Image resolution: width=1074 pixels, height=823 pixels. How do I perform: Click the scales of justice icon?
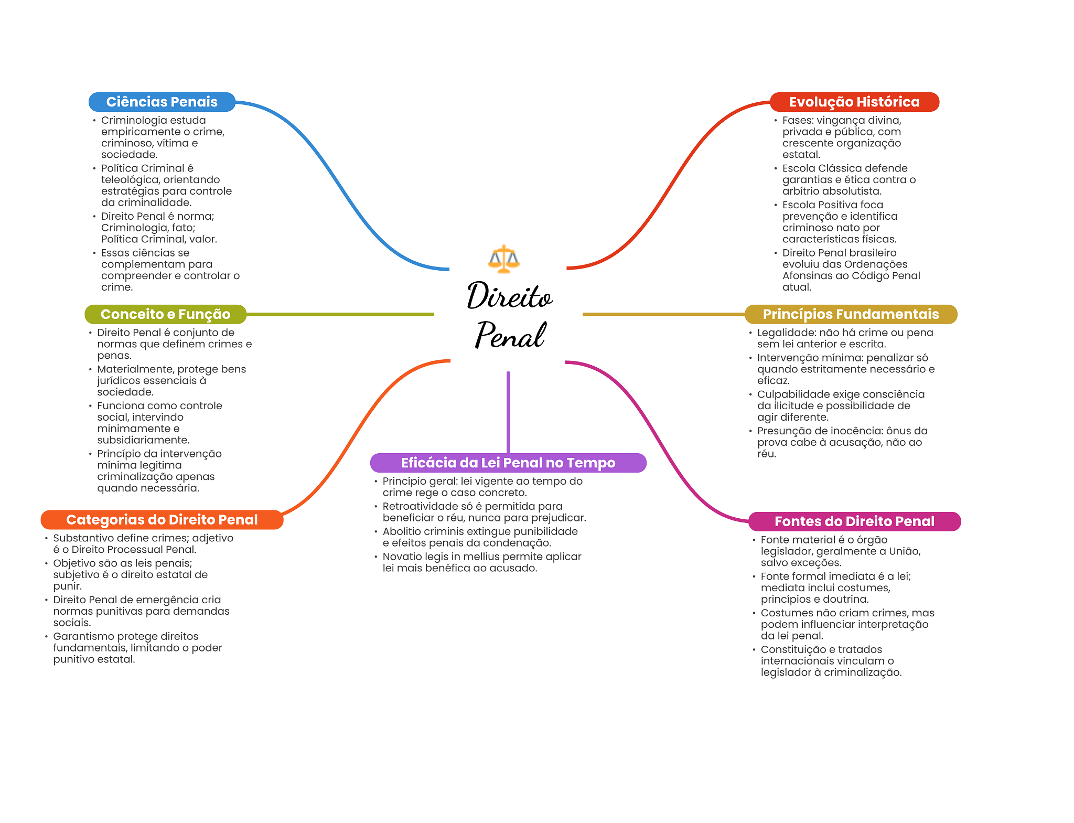[x=503, y=259]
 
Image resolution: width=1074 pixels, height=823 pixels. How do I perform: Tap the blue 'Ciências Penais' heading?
[x=162, y=102]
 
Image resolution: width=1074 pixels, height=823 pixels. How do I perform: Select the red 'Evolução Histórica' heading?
[x=854, y=102]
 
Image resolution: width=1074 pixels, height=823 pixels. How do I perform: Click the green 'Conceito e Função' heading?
[x=165, y=314]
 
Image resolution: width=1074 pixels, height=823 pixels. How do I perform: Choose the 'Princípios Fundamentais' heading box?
[x=851, y=314]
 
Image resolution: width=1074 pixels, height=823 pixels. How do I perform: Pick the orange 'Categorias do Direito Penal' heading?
[x=162, y=520]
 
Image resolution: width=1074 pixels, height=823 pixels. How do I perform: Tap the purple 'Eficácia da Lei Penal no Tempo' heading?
[x=508, y=463]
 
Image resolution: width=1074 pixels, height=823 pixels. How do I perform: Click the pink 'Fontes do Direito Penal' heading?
[x=854, y=521]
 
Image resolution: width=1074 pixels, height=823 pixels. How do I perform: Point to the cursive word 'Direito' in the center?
[x=509, y=296]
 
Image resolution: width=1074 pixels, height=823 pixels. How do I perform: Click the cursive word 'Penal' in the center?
[x=510, y=335]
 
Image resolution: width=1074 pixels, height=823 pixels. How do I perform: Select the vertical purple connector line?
[x=508, y=412]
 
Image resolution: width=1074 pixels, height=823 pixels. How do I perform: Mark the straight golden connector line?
[x=663, y=314]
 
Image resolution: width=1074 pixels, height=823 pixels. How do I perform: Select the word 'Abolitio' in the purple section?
[x=402, y=531]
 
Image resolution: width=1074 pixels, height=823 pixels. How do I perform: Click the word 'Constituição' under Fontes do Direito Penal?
[x=793, y=649]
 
